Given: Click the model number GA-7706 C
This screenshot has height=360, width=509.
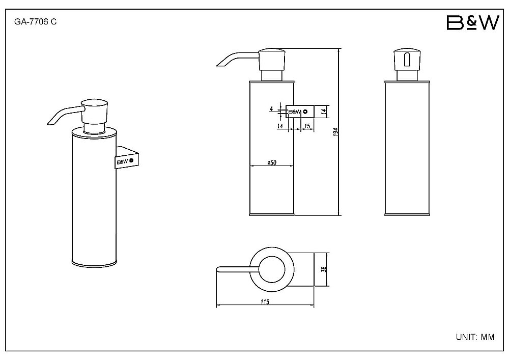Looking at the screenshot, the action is (x=36, y=22).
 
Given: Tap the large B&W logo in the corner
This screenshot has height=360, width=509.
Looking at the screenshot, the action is (x=472, y=23).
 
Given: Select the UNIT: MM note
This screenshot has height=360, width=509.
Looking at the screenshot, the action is (x=475, y=337).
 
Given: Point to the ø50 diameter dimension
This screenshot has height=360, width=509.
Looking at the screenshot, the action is (x=272, y=162).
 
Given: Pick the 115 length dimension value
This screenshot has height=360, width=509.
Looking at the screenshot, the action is (x=265, y=301).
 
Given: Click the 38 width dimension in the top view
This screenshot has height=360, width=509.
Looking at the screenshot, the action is (x=323, y=269).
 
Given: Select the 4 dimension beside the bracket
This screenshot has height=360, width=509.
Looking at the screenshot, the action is (x=271, y=109).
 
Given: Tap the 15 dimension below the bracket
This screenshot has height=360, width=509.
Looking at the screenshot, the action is (x=307, y=126).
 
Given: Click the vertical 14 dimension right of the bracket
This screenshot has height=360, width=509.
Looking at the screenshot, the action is (x=323, y=112).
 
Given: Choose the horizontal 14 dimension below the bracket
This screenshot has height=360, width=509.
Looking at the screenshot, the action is (x=280, y=126).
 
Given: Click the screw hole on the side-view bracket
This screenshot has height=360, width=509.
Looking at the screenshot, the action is (x=305, y=112).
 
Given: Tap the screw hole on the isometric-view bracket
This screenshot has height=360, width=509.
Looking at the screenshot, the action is (x=131, y=160).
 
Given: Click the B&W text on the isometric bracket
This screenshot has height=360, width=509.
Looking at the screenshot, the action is (x=122, y=161).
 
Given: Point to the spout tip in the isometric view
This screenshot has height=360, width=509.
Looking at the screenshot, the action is (x=50, y=123).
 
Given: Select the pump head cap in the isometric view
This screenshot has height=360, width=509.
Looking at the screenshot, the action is (x=95, y=110).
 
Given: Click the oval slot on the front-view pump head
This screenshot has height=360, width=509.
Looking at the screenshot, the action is (x=407, y=60).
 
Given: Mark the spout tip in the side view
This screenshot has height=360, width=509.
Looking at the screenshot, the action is (x=219, y=66).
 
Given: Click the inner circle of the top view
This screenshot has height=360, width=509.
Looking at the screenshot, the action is (x=271, y=270).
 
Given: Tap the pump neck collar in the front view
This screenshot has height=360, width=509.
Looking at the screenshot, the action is (x=407, y=75).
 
